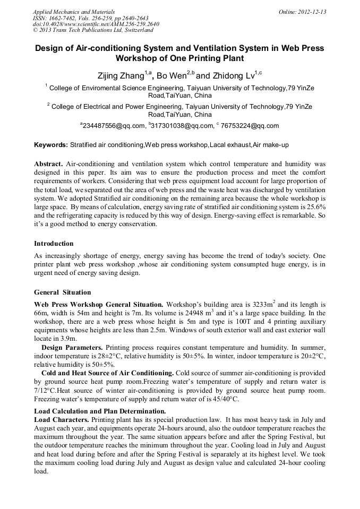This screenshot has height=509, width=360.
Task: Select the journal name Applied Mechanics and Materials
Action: coord(73,12)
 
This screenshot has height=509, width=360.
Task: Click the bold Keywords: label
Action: coord(51,145)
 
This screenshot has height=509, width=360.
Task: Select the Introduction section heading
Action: coord(54,244)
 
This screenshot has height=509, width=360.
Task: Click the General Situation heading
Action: coord(62,292)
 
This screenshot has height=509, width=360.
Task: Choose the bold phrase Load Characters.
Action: coord(61,419)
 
